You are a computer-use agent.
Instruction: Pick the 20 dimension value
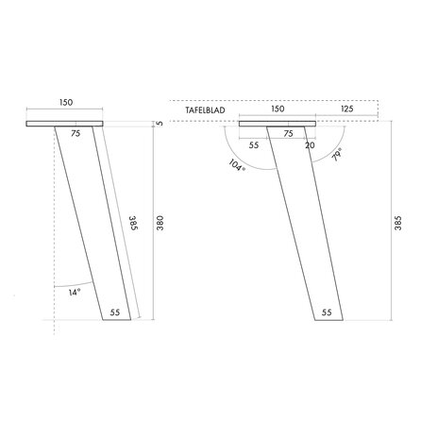[311, 145]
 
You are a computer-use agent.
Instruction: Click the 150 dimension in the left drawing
[67, 102]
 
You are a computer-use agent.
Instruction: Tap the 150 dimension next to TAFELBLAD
[278, 109]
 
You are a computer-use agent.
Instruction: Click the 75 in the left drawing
[75, 135]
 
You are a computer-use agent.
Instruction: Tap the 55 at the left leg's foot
[115, 311]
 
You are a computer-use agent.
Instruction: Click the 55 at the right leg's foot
[327, 311]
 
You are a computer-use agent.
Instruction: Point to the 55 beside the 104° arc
[254, 145]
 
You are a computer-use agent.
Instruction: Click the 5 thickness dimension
[161, 123]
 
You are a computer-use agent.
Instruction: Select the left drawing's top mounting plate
[67, 124]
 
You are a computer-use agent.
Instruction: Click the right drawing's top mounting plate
[278, 124]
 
